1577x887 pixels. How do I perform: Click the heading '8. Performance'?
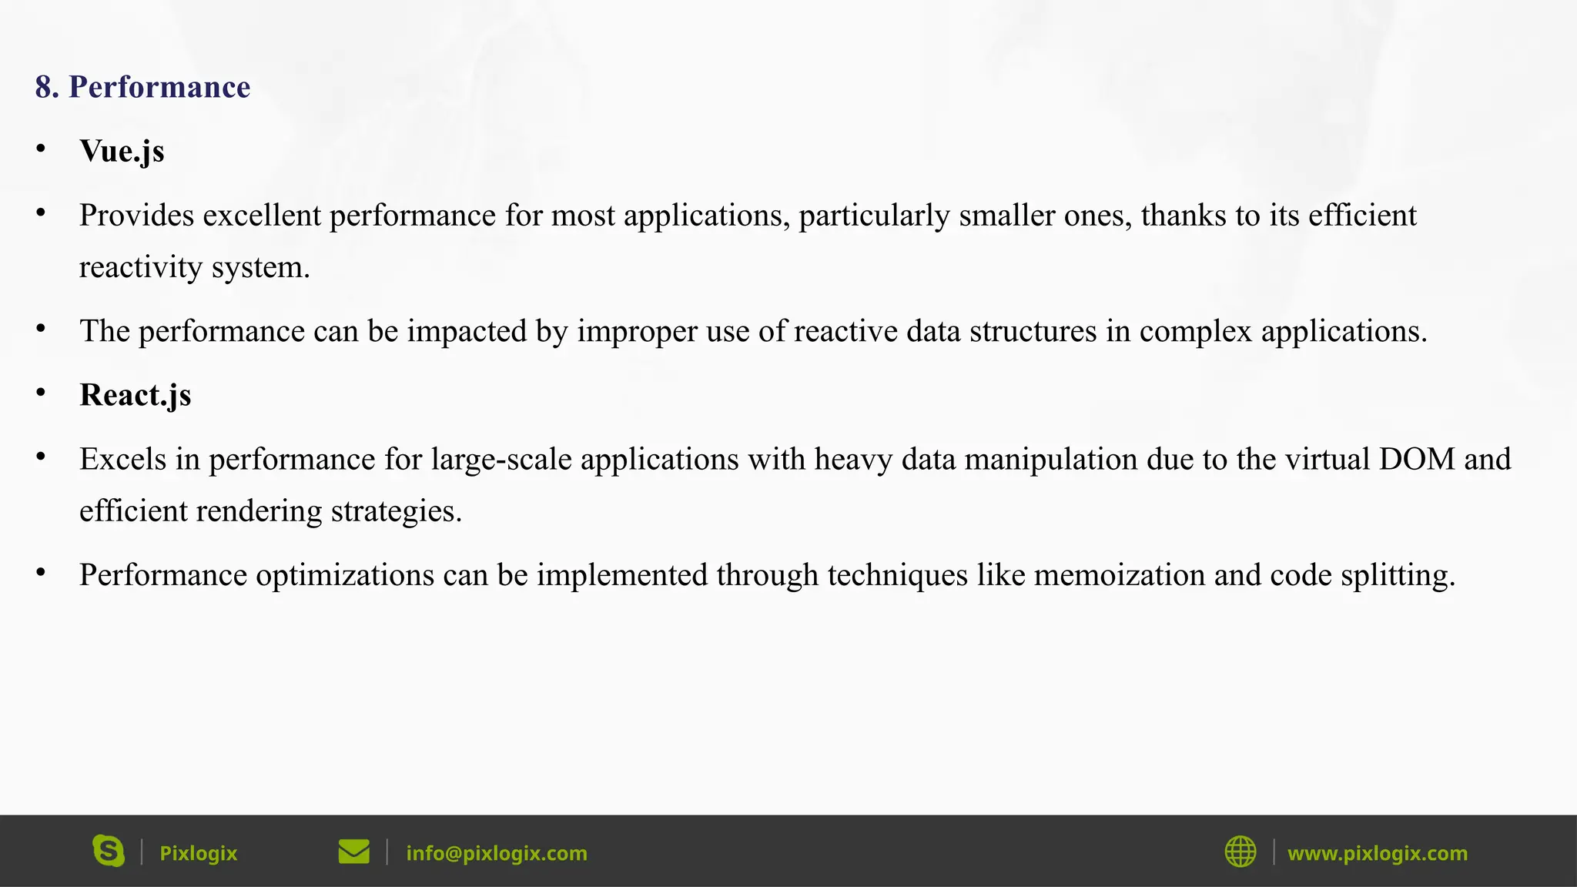tap(142, 87)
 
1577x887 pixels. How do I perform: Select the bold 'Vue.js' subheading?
tap(122, 151)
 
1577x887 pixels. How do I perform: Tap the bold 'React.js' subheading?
tap(135, 395)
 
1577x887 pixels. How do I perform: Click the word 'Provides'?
tap(136, 216)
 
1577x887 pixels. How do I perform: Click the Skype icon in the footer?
tap(109, 851)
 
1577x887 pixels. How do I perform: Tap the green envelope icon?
tap(354, 852)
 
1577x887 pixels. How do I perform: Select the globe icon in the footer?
tap(1241, 852)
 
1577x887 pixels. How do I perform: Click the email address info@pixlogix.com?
tap(497, 853)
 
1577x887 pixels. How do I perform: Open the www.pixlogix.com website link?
tap(1378, 853)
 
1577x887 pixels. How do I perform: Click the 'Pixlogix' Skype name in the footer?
tap(198, 853)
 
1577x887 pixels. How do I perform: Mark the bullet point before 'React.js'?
tap(41, 393)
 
